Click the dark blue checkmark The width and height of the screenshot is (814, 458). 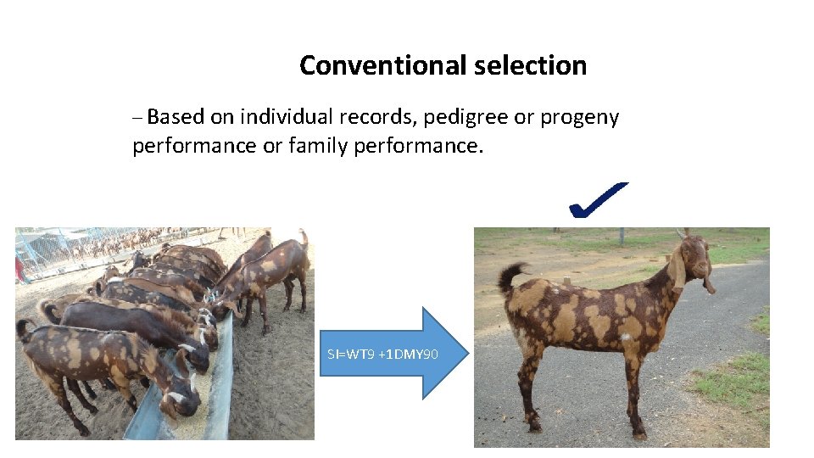[x=598, y=202]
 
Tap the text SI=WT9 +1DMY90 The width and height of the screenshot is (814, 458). [x=382, y=353]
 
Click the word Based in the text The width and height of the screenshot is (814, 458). [x=176, y=117]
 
